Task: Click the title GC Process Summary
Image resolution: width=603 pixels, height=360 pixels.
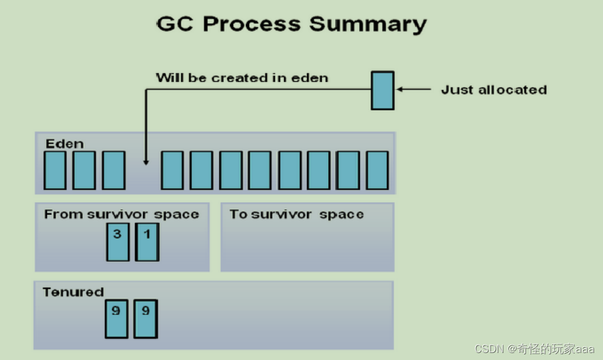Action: (x=291, y=24)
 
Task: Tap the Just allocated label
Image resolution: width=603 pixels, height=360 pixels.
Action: (x=494, y=89)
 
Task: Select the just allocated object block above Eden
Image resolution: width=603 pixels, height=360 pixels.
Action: (x=383, y=90)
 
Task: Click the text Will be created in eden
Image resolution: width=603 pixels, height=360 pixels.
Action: (x=242, y=78)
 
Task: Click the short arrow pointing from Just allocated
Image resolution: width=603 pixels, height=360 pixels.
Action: (x=413, y=89)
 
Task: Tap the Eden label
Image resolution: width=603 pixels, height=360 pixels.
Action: (x=64, y=143)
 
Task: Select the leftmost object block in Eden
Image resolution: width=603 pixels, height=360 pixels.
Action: (x=55, y=170)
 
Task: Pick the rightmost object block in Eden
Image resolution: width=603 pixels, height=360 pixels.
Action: (x=377, y=170)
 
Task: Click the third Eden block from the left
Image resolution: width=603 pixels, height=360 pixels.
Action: (x=113, y=170)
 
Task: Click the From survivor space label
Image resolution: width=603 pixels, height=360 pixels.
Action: (x=122, y=214)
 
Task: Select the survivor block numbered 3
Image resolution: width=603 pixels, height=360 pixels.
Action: (x=118, y=241)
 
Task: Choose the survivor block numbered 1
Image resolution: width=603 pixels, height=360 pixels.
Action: (x=147, y=241)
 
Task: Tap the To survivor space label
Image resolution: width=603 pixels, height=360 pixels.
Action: (x=297, y=214)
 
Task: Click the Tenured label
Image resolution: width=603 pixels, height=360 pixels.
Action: (x=73, y=292)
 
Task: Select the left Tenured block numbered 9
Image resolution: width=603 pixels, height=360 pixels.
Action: (x=116, y=319)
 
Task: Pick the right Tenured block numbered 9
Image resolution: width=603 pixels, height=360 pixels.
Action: (x=145, y=319)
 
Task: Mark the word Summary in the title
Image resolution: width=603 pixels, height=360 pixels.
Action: (x=368, y=24)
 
